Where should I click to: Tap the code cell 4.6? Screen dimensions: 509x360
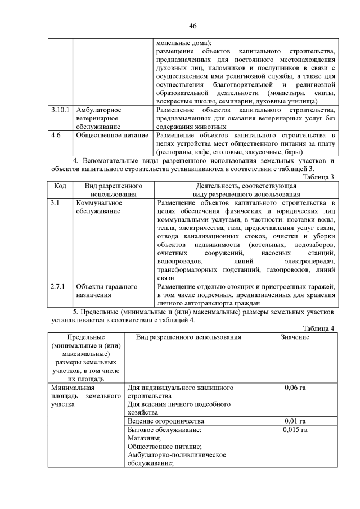[x=56, y=136]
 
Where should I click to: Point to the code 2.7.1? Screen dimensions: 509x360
[x=58, y=287]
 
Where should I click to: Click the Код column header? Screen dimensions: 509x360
[x=60, y=185]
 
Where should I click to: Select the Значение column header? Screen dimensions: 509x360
[x=295, y=337]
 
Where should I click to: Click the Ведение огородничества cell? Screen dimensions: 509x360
[x=165, y=421]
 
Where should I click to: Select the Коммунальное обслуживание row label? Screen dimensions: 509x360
[x=99, y=206]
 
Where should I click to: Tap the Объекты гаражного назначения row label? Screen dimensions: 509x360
[x=106, y=291]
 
